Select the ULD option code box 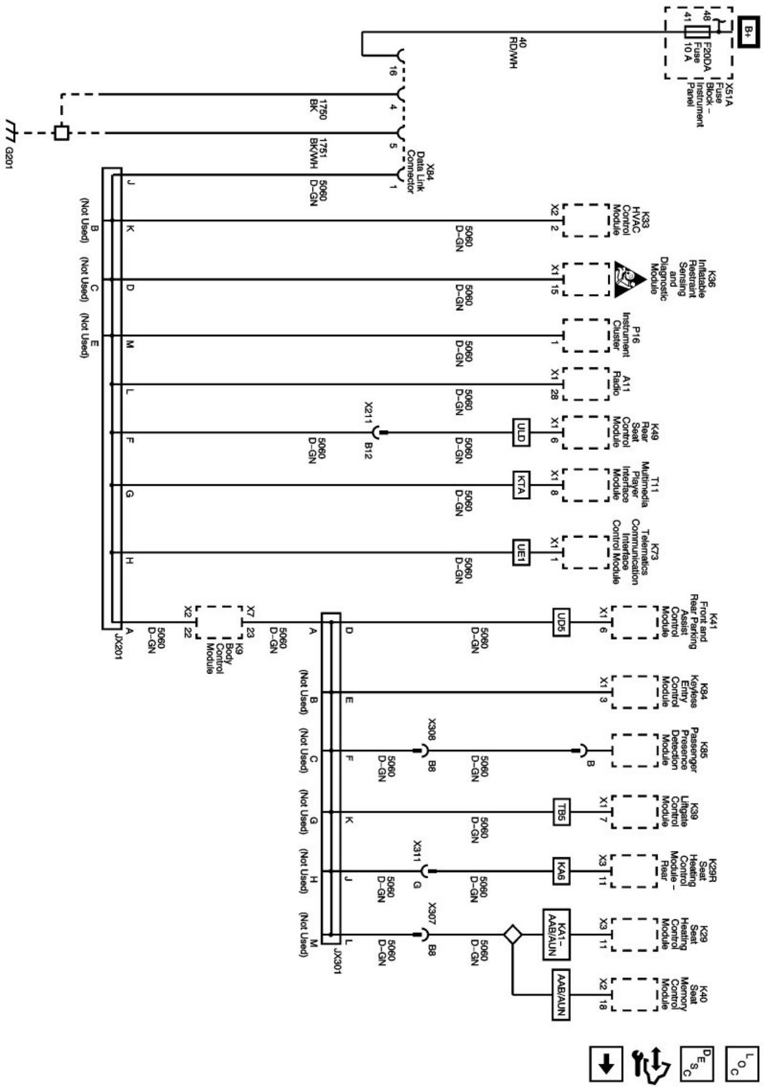pyautogui.click(x=520, y=432)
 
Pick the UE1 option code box pyautogui.click(x=520, y=552)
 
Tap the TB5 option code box pyautogui.click(x=561, y=812)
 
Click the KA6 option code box pyautogui.click(x=561, y=871)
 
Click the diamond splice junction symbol pyautogui.click(x=512, y=934)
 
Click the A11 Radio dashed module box pyautogui.click(x=586, y=384)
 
